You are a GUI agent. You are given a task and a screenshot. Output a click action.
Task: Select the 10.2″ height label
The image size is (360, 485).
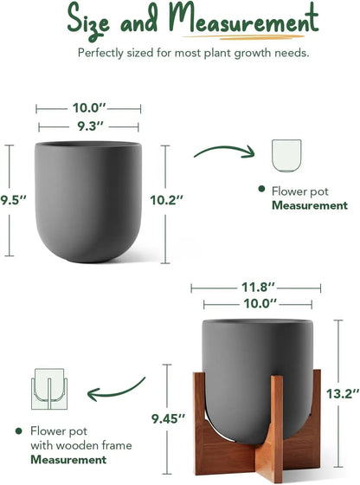pyautogui.click(x=167, y=200)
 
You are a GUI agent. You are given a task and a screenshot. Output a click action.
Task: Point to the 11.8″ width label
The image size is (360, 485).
pyautogui.click(x=258, y=288)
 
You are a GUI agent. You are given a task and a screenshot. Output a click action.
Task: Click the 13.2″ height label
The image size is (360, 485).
pyautogui.click(x=343, y=394)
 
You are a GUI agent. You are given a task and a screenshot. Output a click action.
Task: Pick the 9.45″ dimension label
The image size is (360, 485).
pyautogui.click(x=168, y=419)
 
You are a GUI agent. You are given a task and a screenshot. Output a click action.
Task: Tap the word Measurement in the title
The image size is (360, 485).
pyautogui.click(x=244, y=17)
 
